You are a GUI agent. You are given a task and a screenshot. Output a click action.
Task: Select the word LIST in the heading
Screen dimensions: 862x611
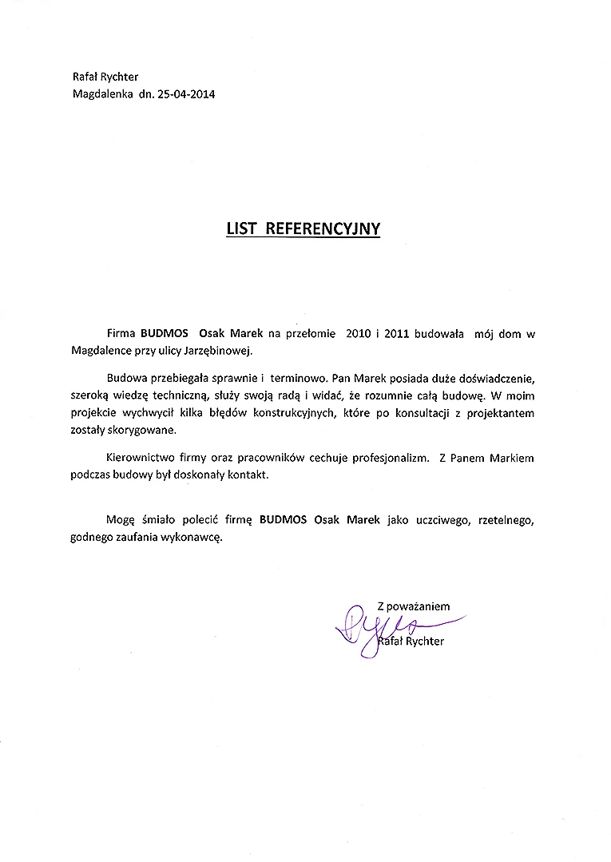[241, 228]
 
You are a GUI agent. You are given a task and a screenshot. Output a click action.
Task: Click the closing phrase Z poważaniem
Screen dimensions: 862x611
[413, 606]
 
